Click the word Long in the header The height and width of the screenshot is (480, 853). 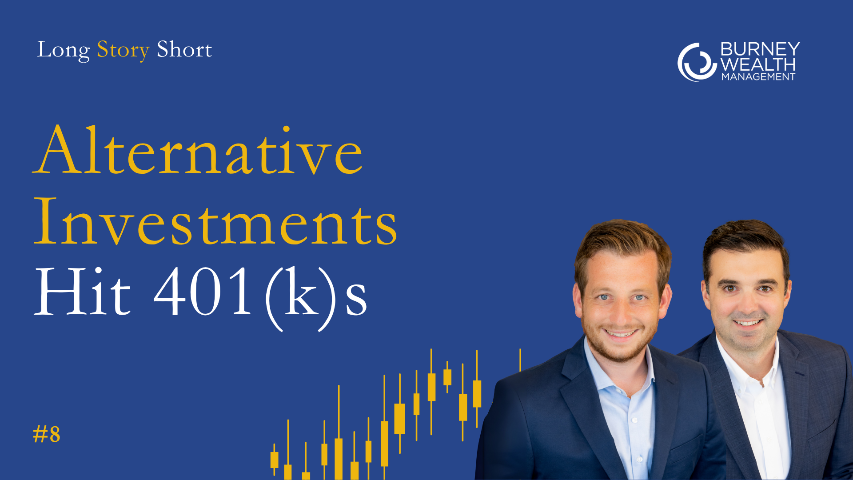pos(64,50)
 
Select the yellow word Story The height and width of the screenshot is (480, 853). pos(123,50)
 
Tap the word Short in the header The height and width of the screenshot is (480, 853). pos(184,49)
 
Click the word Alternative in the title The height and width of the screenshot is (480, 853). pos(198,150)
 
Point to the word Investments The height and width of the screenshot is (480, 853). pos(215,221)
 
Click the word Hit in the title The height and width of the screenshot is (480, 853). pos(83,292)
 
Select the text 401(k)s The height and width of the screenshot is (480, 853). pos(261,298)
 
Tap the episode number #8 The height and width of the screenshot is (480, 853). pos(47,434)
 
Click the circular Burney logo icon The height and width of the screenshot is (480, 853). pos(697,62)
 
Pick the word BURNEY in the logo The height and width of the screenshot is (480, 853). pos(760,49)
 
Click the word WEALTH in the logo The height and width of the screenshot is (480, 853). pos(758,64)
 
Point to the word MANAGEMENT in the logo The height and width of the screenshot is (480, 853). pos(758,77)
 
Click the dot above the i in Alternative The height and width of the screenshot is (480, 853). pos(286,130)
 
